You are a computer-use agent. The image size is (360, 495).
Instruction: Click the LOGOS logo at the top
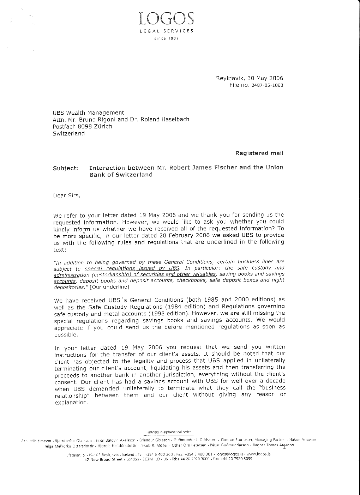coord(166,18)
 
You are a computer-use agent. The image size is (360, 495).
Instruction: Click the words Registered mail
coord(259,153)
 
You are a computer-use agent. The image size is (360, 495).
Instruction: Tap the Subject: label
coord(65,168)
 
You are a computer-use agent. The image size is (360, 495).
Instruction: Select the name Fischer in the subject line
coord(225,167)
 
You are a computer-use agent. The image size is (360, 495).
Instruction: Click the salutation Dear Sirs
coord(67,195)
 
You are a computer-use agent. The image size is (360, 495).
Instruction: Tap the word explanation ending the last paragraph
coord(71,403)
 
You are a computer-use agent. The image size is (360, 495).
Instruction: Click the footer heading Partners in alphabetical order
coord(169,432)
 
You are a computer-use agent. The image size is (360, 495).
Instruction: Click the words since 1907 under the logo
coord(167,38)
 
